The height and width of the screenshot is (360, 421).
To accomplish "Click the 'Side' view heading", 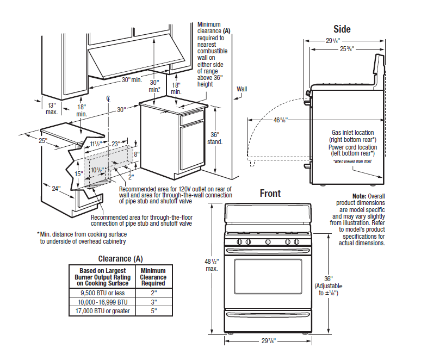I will tap(342, 29).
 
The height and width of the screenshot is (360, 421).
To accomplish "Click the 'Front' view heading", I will tap(270, 194).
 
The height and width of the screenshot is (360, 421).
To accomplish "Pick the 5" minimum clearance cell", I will tap(153, 311).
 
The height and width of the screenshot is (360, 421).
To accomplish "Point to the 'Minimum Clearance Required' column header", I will tap(153, 277).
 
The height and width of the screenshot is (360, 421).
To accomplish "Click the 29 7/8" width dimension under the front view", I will tap(267, 341).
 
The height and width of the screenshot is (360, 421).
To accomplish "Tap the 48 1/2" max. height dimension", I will tap(212, 265).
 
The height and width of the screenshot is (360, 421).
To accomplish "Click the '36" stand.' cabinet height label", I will tap(215, 138).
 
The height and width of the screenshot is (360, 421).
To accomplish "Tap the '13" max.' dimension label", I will tap(52, 108).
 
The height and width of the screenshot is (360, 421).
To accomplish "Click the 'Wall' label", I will tap(242, 89).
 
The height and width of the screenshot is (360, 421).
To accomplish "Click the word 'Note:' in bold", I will tap(359, 196).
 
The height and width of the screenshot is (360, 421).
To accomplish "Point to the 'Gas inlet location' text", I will tap(353, 133).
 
